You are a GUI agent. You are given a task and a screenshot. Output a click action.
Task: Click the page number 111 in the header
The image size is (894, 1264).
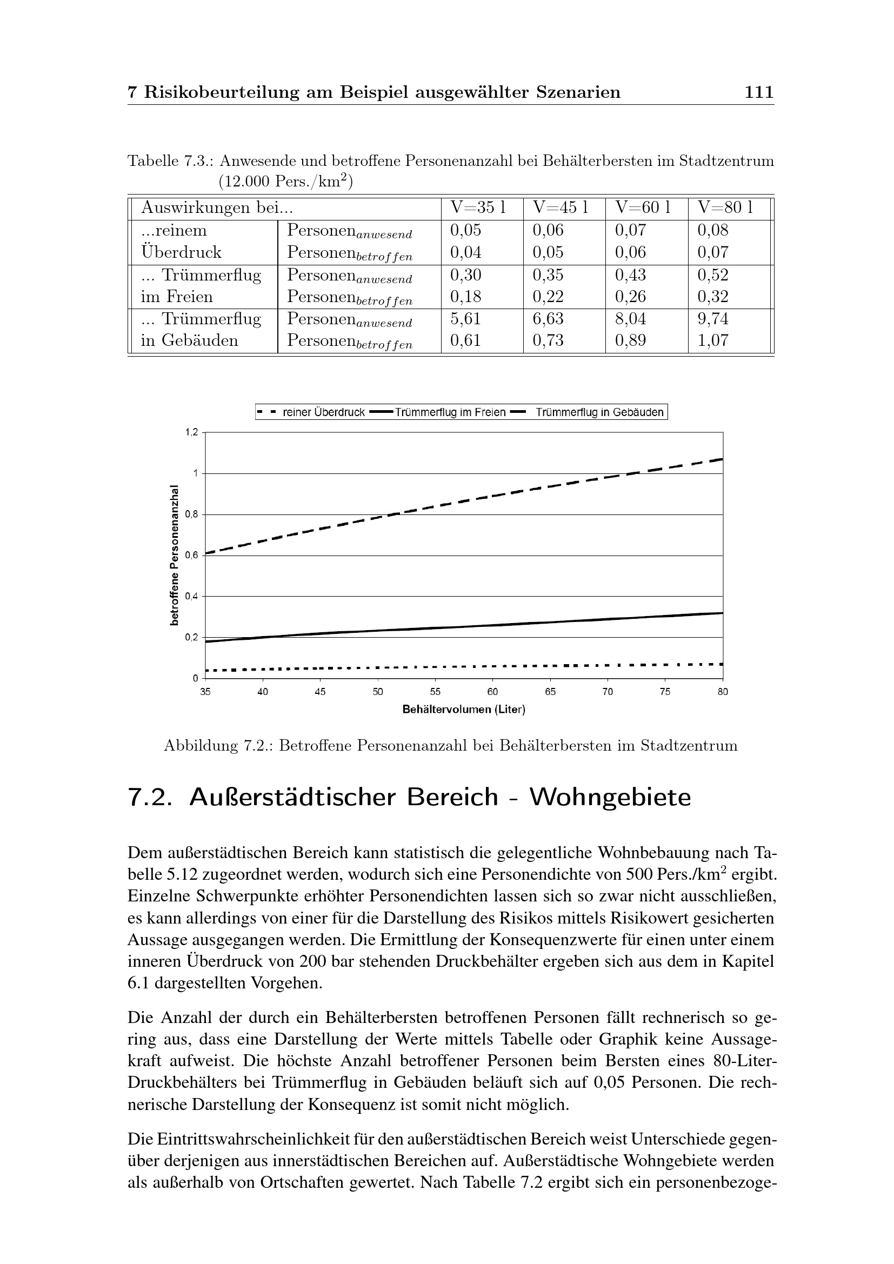click(x=758, y=92)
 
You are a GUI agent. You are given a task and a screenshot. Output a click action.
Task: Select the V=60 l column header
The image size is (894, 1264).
click(x=643, y=208)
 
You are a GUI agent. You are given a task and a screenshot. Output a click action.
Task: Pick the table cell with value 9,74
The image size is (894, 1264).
click(x=713, y=319)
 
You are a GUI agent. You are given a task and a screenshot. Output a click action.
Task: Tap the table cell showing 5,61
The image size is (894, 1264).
click(x=465, y=319)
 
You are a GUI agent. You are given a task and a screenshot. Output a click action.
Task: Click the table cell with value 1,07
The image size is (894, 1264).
click(x=713, y=340)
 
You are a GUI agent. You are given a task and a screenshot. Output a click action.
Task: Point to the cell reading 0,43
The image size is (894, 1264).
click(x=630, y=275)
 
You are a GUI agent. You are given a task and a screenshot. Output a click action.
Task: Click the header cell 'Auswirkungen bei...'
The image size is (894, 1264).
click(x=216, y=208)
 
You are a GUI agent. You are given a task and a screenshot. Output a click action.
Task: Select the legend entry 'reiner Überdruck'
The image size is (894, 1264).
click(x=323, y=412)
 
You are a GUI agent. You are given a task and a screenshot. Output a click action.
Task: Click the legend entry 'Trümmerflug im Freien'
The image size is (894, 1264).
click(x=450, y=412)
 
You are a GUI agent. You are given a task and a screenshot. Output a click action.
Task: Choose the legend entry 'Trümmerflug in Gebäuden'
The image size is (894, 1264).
click(x=599, y=412)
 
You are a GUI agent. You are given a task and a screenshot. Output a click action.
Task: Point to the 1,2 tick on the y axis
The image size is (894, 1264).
click(x=190, y=432)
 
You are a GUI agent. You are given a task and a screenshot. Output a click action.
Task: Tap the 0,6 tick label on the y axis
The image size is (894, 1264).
click(x=190, y=556)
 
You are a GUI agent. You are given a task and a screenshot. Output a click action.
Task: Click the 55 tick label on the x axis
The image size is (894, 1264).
click(x=435, y=692)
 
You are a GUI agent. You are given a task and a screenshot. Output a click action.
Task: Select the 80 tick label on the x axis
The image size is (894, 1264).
click(x=722, y=692)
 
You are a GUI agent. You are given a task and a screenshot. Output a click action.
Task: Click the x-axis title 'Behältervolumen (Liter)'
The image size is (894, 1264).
click(x=464, y=710)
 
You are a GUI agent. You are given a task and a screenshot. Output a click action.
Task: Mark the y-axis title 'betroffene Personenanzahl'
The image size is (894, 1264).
click(x=175, y=555)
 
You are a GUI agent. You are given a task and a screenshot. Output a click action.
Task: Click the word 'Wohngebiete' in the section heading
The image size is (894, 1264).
click(x=610, y=798)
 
